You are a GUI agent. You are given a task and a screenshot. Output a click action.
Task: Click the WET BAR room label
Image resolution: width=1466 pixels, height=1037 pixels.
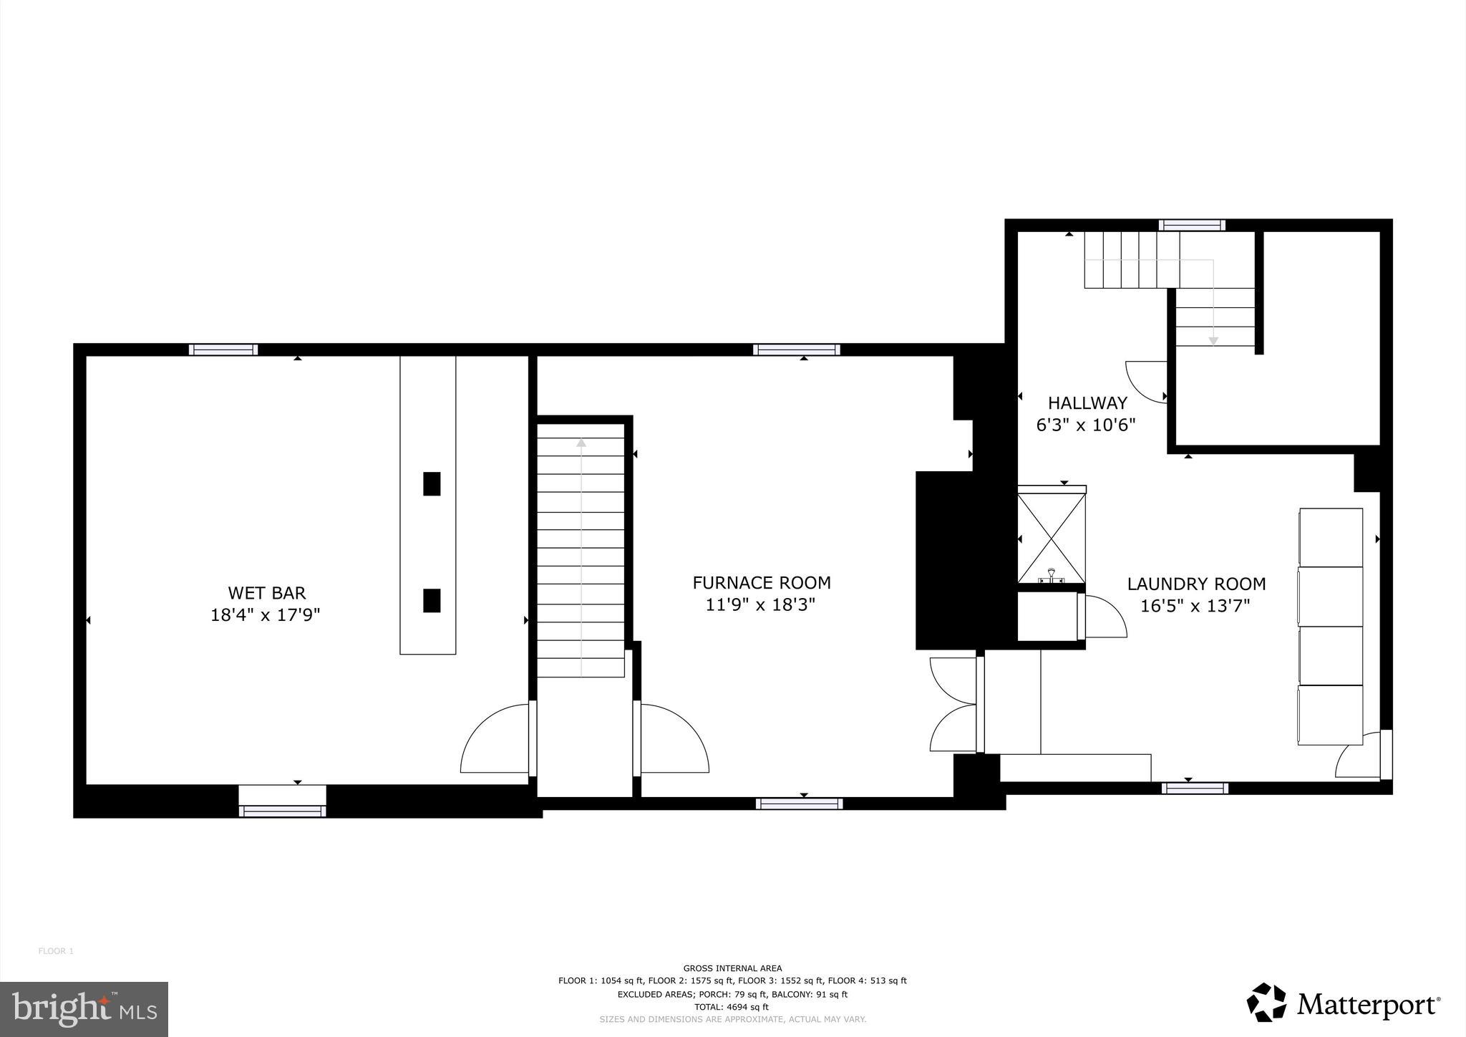266,593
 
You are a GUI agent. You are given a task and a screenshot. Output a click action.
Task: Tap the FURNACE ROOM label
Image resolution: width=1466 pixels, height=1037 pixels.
762,583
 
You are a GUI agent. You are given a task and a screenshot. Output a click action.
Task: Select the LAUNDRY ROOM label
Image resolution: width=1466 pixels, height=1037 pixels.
1196,584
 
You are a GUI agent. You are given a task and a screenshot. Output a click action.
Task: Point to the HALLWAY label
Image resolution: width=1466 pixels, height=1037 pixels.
1087,403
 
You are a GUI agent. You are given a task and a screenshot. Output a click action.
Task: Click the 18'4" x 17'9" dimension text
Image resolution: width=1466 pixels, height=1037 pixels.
265,615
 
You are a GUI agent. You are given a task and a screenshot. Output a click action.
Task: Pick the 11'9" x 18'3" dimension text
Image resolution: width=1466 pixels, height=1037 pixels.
761,605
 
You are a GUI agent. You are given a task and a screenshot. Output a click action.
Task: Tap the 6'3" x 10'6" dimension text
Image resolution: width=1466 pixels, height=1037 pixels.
1086,425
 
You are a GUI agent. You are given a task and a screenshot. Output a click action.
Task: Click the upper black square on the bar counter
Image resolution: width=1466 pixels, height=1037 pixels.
432,484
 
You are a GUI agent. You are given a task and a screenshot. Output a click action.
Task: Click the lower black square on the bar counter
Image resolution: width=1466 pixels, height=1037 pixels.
432,600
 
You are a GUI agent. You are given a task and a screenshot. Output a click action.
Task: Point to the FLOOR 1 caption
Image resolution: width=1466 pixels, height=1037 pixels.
56,951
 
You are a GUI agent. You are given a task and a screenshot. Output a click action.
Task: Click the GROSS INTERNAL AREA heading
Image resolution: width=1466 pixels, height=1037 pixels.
732,968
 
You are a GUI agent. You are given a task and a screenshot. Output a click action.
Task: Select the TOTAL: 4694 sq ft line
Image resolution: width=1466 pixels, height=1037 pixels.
732,1006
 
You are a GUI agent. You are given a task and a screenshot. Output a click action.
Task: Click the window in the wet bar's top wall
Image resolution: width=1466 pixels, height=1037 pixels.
223,350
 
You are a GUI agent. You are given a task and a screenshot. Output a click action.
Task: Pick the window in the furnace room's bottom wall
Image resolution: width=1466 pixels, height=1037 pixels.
799,804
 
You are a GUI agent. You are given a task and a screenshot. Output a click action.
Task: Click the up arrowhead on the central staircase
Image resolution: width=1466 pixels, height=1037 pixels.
581,443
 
